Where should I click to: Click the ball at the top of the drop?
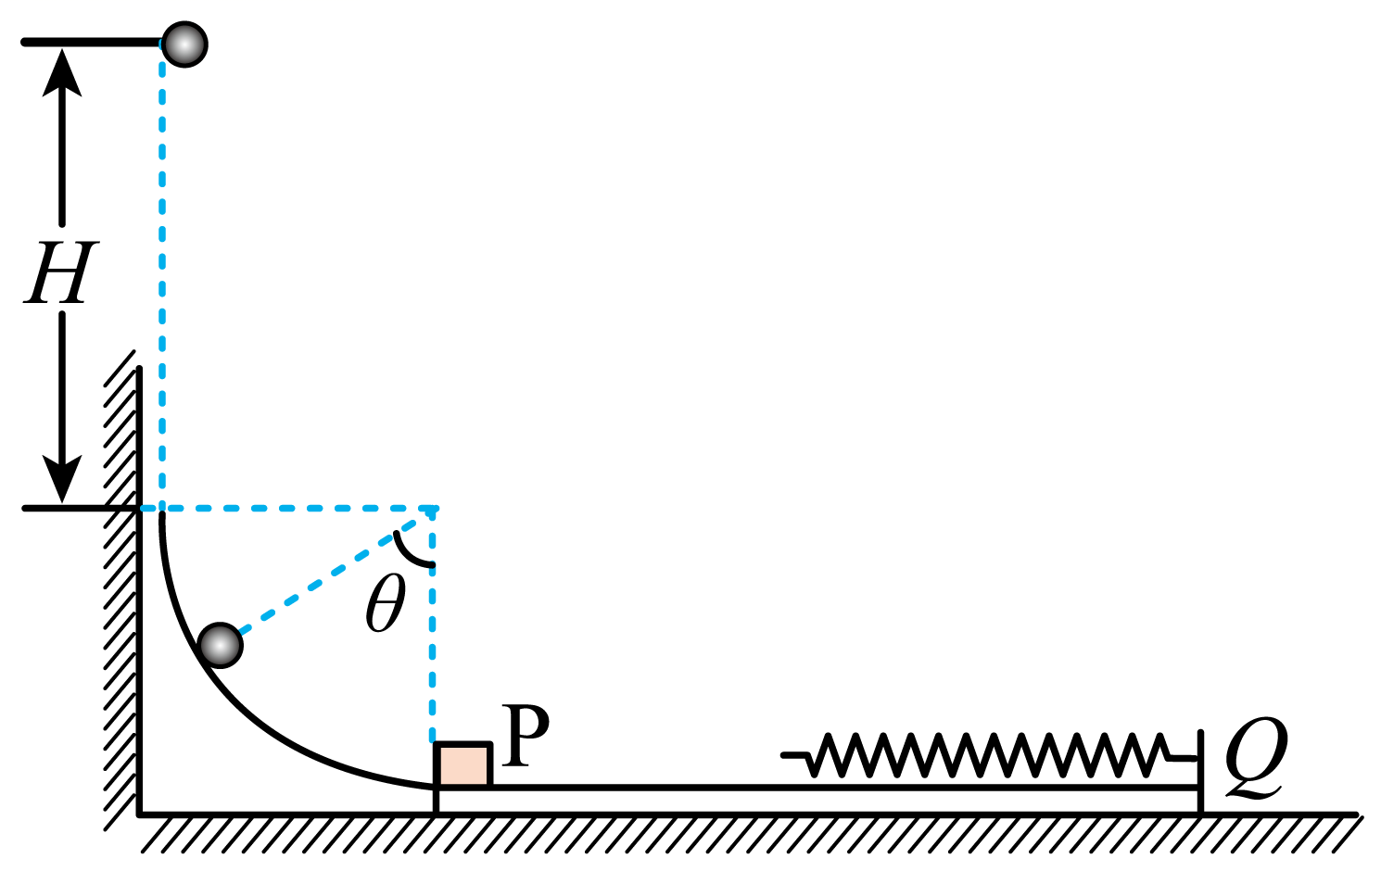(184, 44)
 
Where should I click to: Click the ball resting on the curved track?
(220, 646)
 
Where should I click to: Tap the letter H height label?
(61, 272)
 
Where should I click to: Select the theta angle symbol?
(386, 603)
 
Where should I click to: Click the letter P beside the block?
(526, 736)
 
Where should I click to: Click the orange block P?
(463, 764)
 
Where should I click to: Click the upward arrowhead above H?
(62, 72)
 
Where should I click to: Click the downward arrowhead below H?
(62, 479)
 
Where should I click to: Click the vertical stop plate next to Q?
(1200, 772)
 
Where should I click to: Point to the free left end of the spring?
(783, 754)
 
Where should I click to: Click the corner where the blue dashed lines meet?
(433, 509)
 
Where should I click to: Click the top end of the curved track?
(162, 514)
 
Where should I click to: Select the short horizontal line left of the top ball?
(91, 42)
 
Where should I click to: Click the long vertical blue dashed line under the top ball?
(162, 275)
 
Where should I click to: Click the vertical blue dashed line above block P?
(433, 625)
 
